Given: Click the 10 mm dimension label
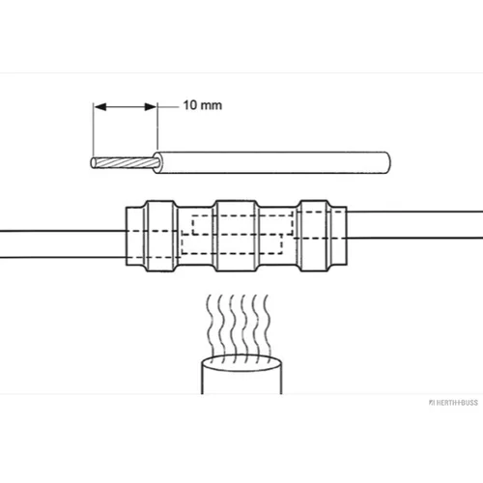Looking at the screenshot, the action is [203, 105].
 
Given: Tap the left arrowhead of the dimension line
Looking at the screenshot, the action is [100, 106].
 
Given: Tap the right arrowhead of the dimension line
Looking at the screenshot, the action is [151, 106].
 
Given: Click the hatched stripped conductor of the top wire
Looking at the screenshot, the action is [125, 162].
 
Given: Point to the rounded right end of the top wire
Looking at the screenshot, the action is [387, 162].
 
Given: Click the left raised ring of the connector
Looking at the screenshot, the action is [161, 236].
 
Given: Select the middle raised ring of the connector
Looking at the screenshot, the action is [237, 236].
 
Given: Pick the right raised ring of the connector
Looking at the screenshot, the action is [314, 236].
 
